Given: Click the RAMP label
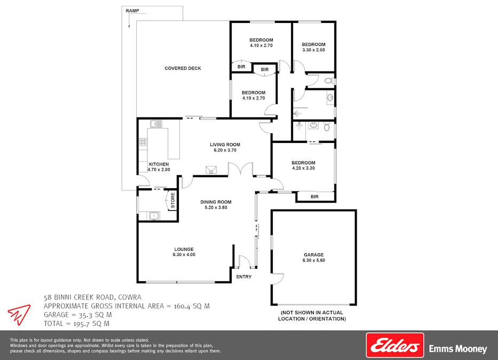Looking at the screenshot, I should click(x=132, y=11).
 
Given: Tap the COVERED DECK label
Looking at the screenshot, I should click(x=183, y=68).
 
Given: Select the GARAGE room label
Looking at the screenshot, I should click(x=313, y=255).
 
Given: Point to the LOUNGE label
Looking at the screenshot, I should click(x=184, y=249).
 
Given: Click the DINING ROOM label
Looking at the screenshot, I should click(x=216, y=202).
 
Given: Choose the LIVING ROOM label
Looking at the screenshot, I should click(x=225, y=145).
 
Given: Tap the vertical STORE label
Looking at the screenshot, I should click(x=172, y=201).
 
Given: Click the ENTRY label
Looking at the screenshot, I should click(x=243, y=277).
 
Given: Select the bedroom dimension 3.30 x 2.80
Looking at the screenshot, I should click(x=313, y=50).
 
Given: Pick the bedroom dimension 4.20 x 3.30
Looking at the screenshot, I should click(x=303, y=169).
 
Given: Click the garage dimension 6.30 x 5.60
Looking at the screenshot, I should click(x=313, y=260).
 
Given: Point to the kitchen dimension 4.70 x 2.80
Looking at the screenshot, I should click(x=159, y=170).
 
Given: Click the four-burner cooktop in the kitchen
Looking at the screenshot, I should click(x=143, y=142).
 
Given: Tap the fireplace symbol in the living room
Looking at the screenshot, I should click(x=211, y=170).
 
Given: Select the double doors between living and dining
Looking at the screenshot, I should click(x=240, y=170).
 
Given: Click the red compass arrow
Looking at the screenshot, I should click(x=19, y=314).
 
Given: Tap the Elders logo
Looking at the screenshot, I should click(x=394, y=345).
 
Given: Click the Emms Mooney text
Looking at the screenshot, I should click(x=458, y=349).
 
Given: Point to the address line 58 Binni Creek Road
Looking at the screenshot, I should click(x=92, y=297).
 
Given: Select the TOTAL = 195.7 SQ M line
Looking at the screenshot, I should click(x=76, y=323).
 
